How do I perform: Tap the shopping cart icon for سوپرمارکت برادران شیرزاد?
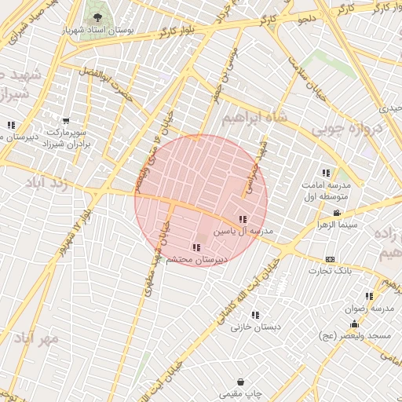(65, 122)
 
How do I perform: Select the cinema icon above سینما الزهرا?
(337, 213)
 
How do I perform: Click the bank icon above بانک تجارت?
(330, 259)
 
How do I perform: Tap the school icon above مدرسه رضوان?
(349, 296)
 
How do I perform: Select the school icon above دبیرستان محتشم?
(196, 247)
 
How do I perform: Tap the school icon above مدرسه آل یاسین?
(242, 219)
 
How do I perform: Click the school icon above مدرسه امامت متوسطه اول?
(326, 173)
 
